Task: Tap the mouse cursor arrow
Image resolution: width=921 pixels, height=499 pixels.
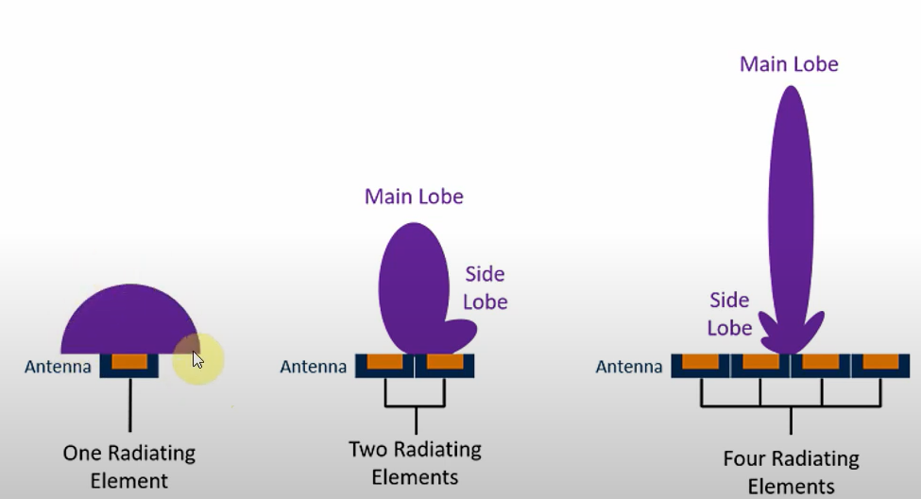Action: tap(197, 359)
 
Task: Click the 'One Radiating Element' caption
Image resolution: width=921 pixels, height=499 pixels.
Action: tap(128, 466)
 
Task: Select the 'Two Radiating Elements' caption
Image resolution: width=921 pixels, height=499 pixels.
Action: tap(415, 462)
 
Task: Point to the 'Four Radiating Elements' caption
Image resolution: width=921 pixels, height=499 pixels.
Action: tap(791, 473)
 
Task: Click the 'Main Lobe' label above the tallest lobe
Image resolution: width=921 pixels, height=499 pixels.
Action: tap(789, 64)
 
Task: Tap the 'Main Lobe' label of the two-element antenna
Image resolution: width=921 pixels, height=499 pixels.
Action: tap(414, 197)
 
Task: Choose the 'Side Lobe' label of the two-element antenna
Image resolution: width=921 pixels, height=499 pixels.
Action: tap(486, 288)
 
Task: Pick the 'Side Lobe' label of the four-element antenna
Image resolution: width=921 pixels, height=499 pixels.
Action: tap(730, 314)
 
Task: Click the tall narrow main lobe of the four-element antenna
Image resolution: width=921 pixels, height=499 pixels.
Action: tap(791, 208)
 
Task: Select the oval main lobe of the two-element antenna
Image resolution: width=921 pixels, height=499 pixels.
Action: tap(414, 284)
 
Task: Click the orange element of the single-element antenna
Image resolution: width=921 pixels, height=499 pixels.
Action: tap(129, 362)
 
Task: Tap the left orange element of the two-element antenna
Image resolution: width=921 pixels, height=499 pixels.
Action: tap(385, 362)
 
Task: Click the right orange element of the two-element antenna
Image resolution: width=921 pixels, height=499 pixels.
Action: tap(444, 362)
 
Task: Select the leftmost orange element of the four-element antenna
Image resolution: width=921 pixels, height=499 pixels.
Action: tap(701, 362)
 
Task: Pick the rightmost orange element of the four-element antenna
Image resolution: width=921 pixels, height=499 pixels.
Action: tap(880, 362)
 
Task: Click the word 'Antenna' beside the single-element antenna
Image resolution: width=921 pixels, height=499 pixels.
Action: tap(58, 366)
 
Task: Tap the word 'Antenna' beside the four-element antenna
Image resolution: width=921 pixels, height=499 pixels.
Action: tap(629, 366)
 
